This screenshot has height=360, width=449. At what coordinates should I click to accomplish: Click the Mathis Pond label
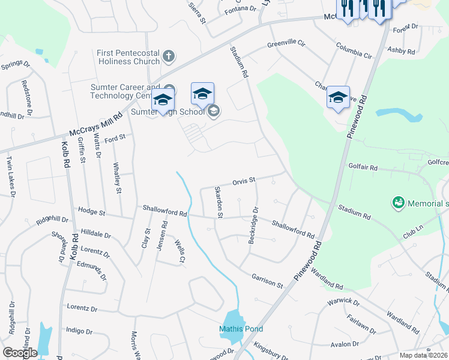[x=241, y=329]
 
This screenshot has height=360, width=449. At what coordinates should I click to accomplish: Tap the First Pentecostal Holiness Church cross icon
[x=169, y=57]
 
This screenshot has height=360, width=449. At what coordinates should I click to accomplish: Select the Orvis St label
[x=244, y=180]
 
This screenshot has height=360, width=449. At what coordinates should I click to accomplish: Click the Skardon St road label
[x=219, y=202]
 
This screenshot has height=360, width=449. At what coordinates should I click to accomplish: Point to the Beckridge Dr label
[x=254, y=225]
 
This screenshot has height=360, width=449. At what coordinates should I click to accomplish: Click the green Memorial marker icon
[x=397, y=203]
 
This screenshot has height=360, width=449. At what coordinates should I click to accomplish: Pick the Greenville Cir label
[x=286, y=44]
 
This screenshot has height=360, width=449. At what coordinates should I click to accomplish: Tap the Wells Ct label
[x=179, y=251]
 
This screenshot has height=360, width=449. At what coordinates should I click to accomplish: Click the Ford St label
[x=114, y=137]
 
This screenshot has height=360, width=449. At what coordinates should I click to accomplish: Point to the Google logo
[x=20, y=352]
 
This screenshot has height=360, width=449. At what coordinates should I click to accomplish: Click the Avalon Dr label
[x=344, y=344]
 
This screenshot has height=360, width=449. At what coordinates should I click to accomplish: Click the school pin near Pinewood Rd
[x=338, y=98]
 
